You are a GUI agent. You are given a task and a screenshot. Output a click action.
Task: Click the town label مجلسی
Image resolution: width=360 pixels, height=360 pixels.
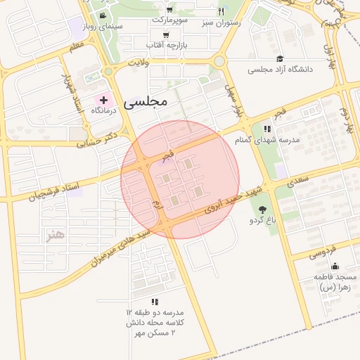click(146, 102)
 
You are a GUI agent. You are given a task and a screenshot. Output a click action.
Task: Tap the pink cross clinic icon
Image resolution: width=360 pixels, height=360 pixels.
click(103, 101)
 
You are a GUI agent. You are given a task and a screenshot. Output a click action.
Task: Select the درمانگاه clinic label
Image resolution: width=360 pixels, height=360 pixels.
click(103, 111)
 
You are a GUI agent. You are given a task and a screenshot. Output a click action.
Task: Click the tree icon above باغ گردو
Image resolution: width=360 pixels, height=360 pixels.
click(263, 210)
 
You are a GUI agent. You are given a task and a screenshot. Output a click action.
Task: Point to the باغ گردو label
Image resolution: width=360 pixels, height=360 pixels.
click(263, 221)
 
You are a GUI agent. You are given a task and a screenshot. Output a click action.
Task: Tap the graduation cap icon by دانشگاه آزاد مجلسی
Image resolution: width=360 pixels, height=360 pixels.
click(280, 59)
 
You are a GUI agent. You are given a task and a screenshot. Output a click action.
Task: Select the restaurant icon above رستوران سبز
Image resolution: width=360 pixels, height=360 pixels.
click(221, 11)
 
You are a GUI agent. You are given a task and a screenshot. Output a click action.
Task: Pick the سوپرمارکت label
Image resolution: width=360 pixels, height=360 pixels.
click(171, 19)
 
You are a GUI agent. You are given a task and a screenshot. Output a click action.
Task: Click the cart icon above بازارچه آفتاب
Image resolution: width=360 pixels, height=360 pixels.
click(166, 34)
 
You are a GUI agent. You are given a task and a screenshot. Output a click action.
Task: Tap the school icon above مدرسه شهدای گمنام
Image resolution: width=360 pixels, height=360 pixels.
click(266, 129)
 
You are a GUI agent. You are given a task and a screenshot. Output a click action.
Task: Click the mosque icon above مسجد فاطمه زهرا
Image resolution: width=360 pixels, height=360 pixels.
click(335, 266)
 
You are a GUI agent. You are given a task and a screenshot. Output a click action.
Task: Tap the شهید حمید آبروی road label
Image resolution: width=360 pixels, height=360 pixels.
click(232, 199)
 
